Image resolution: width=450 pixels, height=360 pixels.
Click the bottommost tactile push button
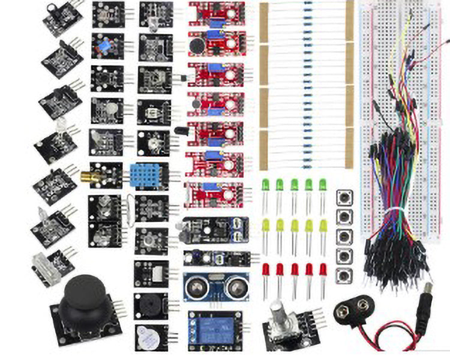tap(345, 275)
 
